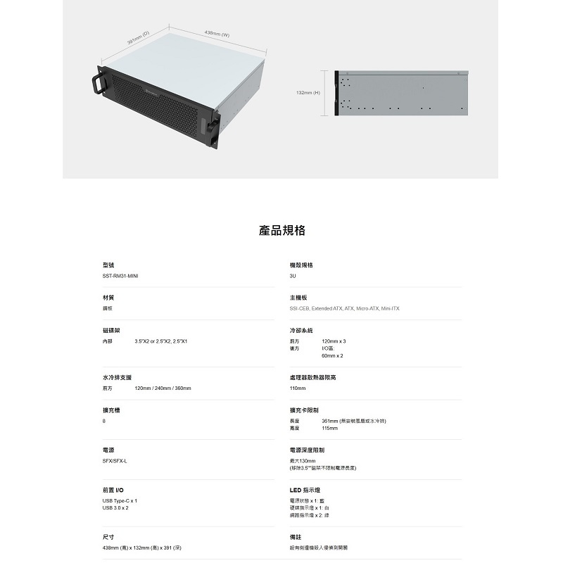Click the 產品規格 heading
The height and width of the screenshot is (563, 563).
[281, 231]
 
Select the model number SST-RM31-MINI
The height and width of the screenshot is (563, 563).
[120, 277]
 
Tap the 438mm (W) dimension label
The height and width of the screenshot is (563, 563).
[217, 34]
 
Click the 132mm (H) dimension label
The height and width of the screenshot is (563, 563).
[308, 92]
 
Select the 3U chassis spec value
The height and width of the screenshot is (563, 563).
[292, 277]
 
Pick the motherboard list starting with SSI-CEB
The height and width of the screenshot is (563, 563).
[344, 309]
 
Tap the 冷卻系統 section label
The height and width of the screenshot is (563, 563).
[301, 330]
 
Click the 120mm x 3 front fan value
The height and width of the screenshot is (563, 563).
[334, 341]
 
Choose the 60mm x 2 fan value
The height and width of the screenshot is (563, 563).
[332, 356]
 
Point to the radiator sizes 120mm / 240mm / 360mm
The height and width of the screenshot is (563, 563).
[163, 388]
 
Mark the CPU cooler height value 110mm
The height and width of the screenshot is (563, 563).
[297, 388]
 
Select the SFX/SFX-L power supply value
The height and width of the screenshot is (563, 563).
[115, 461]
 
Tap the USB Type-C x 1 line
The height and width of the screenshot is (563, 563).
[120, 500]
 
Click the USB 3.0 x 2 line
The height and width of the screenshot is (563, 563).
[115, 507]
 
